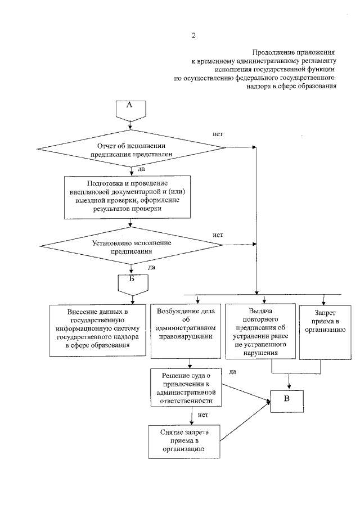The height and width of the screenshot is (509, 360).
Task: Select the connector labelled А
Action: click(x=129, y=109)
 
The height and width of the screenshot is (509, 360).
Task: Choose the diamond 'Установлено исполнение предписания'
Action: click(x=130, y=246)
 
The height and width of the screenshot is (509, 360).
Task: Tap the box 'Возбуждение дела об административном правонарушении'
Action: click(x=186, y=330)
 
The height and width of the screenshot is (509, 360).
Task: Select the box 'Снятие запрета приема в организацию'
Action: click(x=185, y=441)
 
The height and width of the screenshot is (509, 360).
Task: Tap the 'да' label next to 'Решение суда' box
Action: click(x=233, y=371)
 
